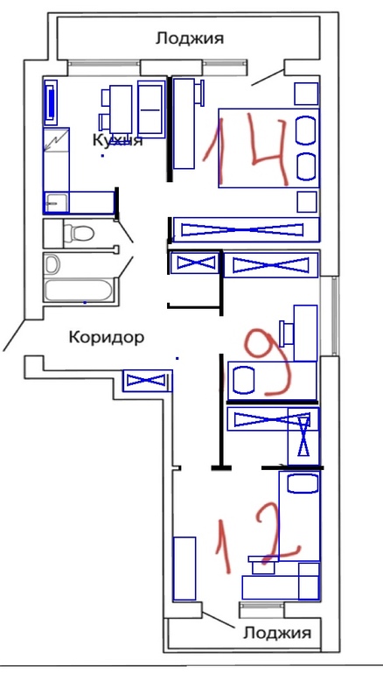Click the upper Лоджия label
(x=190, y=39)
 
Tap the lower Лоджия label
(x=277, y=634)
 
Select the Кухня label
(x=117, y=140)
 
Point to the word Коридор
(x=106, y=337)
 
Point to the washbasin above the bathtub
(x=52, y=264)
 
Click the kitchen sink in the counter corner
(x=56, y=202)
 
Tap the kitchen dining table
(x=121, y=109)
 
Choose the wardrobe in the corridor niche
(x=148, y=381)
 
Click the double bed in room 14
(x=268, y=148)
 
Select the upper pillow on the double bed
(x=307, y=130)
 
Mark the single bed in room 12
(x=299, y=516)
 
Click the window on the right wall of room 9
(x=335, y=315)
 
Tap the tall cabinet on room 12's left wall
(x=185, y=568)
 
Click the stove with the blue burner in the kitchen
(x=51, y=102)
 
